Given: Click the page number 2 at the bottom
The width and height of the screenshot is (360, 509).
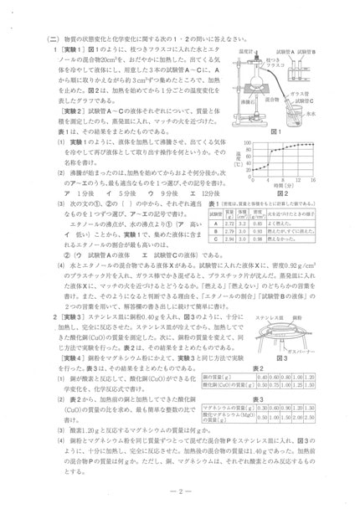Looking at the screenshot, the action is [180, 491].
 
